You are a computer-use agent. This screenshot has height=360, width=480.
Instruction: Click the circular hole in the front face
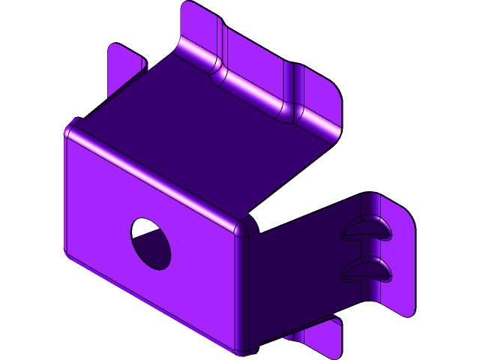(151, 243)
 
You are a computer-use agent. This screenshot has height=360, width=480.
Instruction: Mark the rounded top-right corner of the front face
(245, 227)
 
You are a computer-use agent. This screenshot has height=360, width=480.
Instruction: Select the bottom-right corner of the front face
(244, 348)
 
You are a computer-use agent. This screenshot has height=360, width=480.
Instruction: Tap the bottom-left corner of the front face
(68, 253)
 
